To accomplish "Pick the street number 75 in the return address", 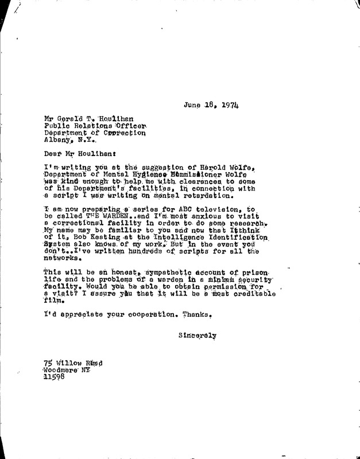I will click(49, 362).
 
